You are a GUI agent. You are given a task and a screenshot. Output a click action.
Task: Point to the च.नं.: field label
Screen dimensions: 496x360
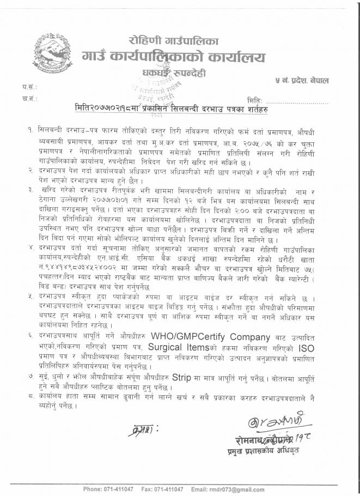[x=28, y=99]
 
